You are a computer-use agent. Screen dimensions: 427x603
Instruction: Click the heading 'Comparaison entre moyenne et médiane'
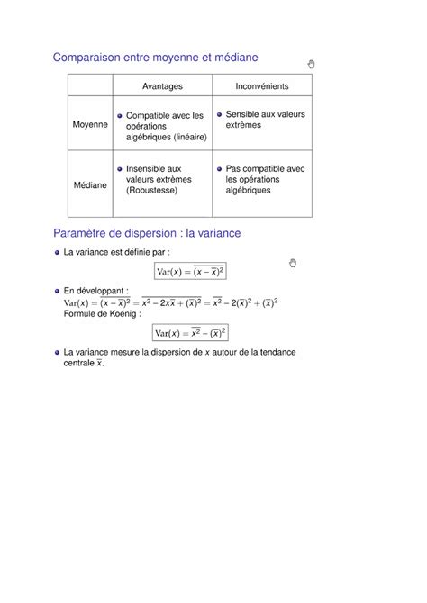coord(155,58)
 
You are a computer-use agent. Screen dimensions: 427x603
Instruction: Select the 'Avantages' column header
coord(162,86)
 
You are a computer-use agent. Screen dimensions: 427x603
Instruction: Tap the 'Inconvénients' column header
coord(261,86)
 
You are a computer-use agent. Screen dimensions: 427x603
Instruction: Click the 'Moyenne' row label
coord(90,124)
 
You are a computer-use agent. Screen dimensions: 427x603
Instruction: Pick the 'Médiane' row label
coord(90,184)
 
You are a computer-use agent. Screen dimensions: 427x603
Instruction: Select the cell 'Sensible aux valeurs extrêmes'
coord(265,121)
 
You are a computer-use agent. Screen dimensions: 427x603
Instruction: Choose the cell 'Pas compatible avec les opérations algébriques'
coord(265,179)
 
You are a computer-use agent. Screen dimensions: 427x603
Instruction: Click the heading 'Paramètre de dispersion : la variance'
coord(147,233)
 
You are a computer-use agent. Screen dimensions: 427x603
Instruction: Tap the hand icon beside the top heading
coord(312,64)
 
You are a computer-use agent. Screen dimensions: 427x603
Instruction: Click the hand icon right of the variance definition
coord(293,262)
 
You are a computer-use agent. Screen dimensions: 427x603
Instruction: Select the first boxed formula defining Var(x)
coord(189,272)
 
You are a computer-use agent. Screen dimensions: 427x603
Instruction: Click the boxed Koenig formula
coord(189,333)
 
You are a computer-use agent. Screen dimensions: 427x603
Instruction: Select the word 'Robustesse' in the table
coord(153,191)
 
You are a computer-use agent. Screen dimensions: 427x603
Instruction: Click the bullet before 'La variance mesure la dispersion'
coord(55,352)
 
